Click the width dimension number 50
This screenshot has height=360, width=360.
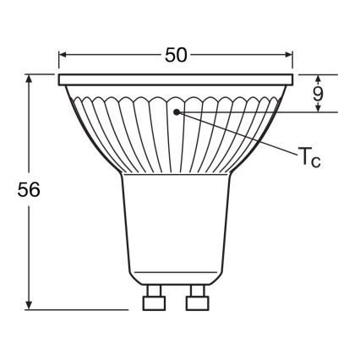click(175, 55)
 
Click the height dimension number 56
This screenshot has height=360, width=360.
click(28, 190)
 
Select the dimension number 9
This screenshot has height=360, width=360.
click(318, 95)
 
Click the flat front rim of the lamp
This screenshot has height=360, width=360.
click(176, 80)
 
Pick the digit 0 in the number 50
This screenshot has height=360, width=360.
click(182, 55)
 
